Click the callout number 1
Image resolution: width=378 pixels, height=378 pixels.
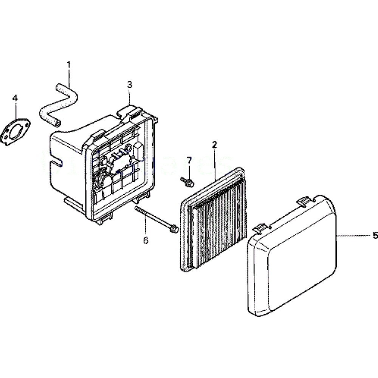tap(69, 64)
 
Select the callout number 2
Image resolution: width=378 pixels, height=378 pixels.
tap(214, 144)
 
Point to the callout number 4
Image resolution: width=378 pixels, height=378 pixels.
tap(15, 98)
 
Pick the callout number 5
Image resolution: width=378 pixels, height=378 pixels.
tap(375, 235)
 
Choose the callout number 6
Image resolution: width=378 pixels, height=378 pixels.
tap(146, 240)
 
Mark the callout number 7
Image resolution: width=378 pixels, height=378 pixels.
tap(189, 160)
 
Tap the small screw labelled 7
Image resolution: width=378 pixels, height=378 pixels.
tap(187, 182)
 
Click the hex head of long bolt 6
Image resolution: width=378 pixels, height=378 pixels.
tap(174, 229)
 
